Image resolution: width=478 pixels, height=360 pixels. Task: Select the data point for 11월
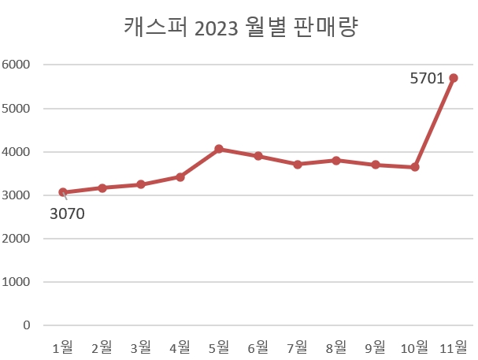pos(454,78)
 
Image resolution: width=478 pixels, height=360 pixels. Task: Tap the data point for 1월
pos(63,192)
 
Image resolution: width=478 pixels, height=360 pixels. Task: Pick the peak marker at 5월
pos(219,149)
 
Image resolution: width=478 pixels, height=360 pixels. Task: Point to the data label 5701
pos(428,79)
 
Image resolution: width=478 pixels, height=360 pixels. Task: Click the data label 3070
pos(67,213)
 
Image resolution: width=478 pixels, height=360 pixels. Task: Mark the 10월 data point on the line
pos(415,167)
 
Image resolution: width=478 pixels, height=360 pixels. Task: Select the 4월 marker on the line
pos(180,177)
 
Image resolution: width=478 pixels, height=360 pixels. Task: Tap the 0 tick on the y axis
pos(26,325)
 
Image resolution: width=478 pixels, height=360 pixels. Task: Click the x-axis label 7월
pos(298,347)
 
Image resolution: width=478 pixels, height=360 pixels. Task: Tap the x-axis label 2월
pos(102,347)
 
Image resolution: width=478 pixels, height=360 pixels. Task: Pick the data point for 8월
pos(336,161)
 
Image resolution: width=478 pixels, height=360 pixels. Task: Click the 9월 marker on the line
pos(376,165)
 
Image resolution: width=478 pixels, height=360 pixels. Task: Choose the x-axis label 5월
pos(219,347)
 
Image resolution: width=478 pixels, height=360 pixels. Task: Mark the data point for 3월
pos(141,184)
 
